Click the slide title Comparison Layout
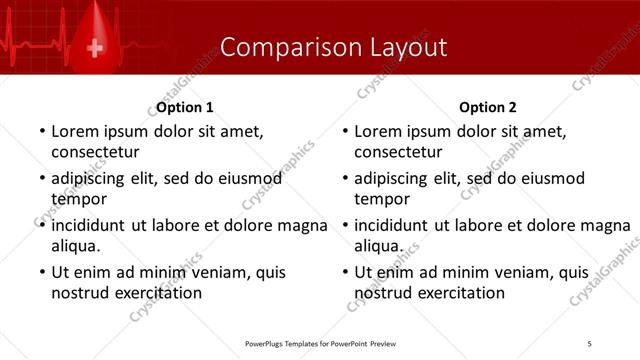(x=333, y=47)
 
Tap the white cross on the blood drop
(x=96, y=47)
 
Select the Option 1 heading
(x=185, y=107)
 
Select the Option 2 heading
(x=488, y=107)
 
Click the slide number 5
(x=590, y=344)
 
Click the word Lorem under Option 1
(x=75, y=131)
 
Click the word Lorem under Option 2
(x=378, y=131)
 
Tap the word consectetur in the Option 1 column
(x=95, y=152)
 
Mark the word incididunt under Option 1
(x=93, y=225)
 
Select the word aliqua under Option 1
(x=75, y=246)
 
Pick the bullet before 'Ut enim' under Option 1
(x=41, y=273)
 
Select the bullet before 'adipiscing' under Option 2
(x=344, y=179)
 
